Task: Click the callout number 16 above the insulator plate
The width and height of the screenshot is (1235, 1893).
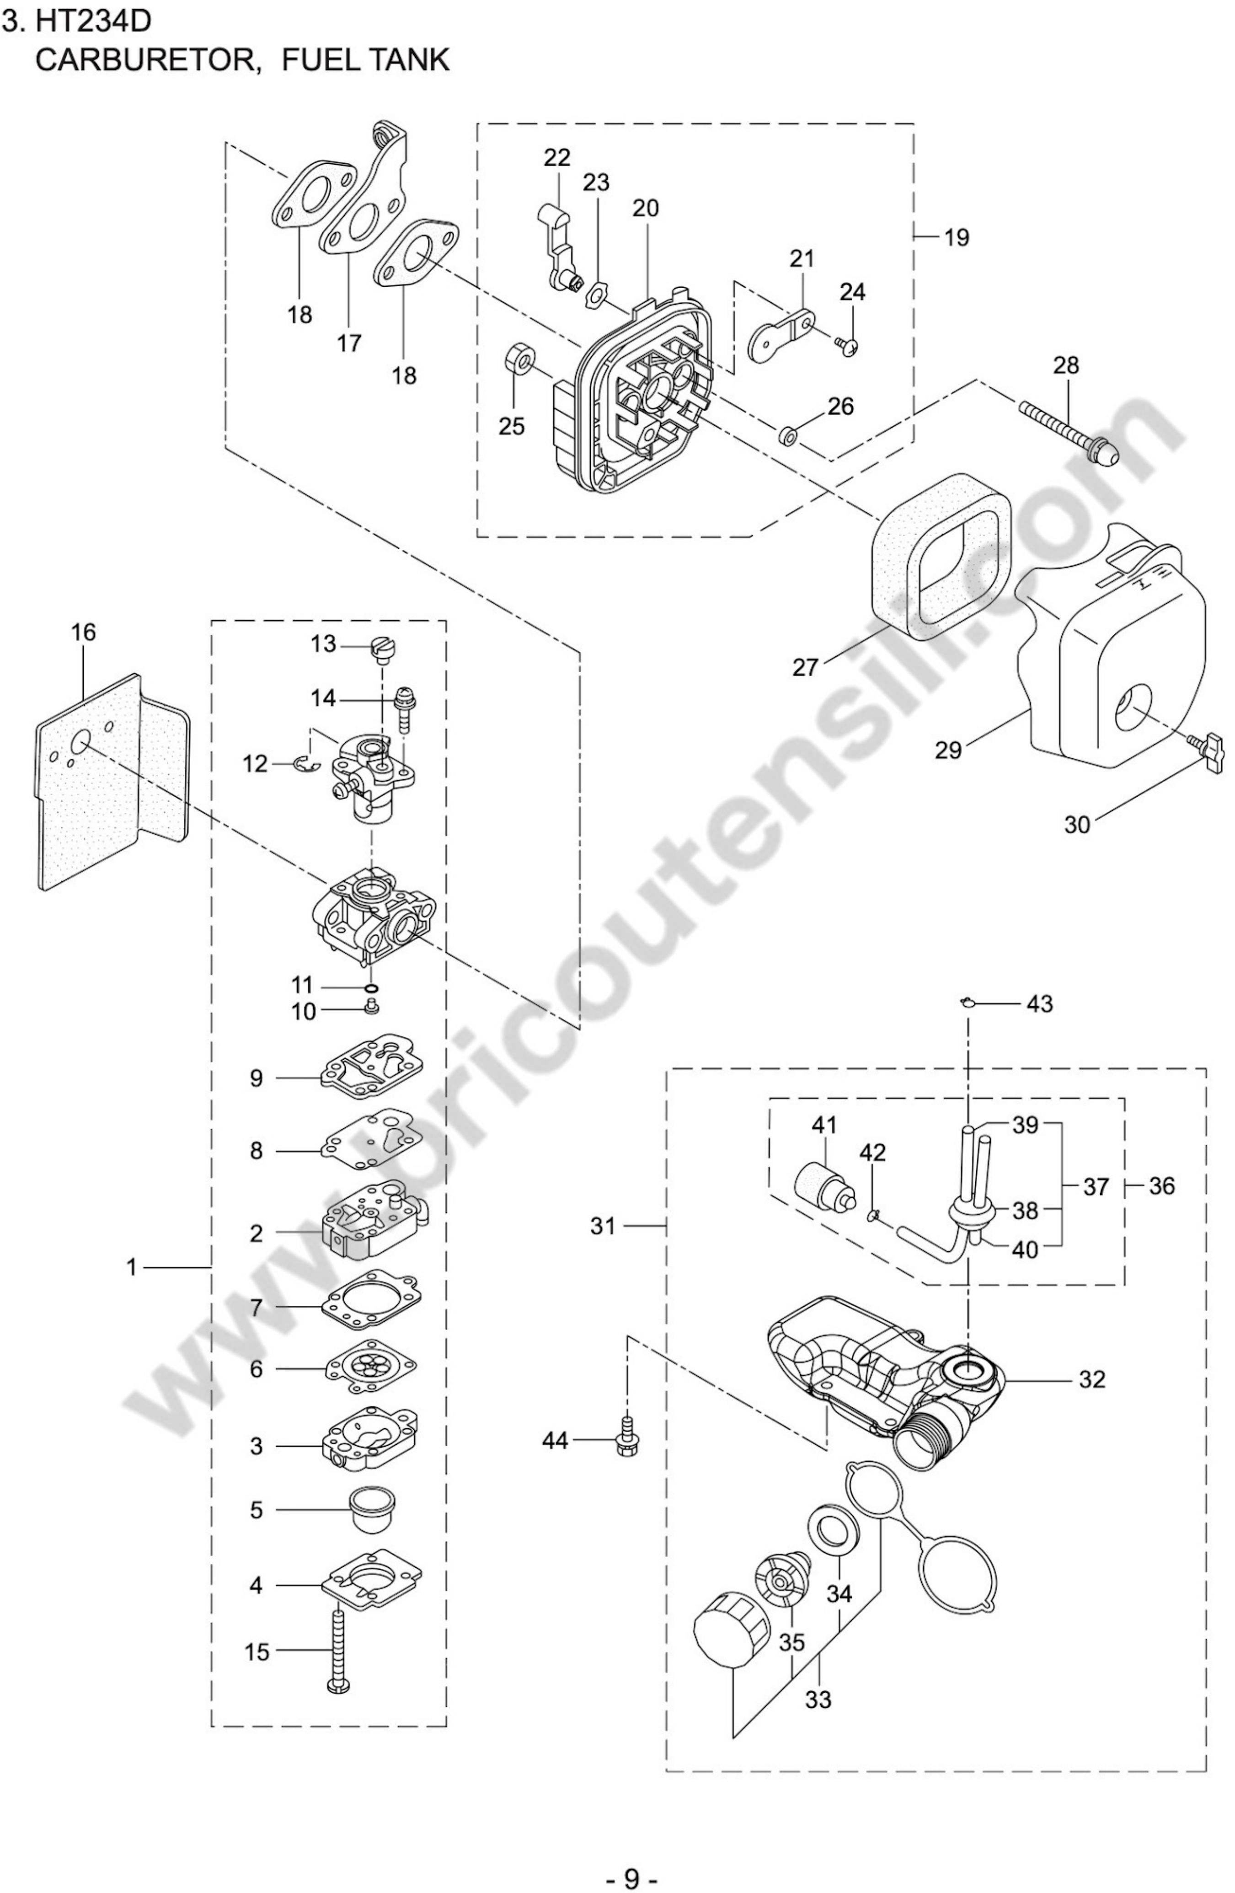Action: pyautogui.click(x=83, y=633)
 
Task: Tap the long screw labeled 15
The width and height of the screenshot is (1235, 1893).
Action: pyautogui.click(x=338, y=1654)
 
